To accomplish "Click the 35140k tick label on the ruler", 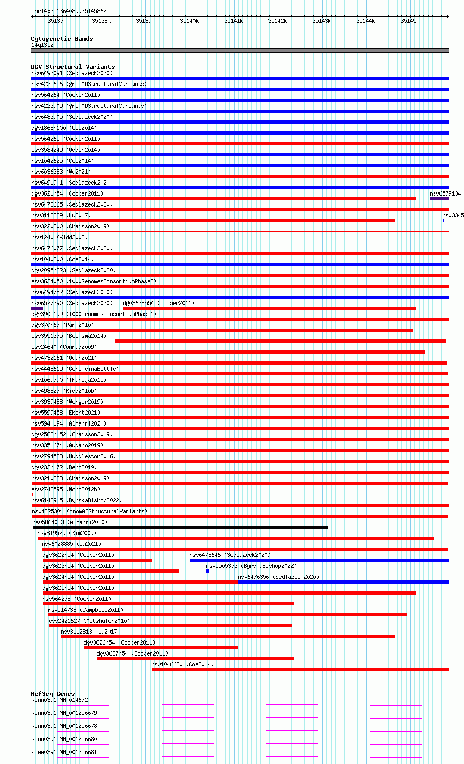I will (189, 21).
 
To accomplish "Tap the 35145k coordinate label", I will (410, 21).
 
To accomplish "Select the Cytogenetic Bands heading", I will (62, 39).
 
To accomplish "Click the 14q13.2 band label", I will (42, 45).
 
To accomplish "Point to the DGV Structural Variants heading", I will (73, 67).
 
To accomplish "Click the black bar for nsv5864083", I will (180, 527).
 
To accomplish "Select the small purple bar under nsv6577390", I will (37, 308).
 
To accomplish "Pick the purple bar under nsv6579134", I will (439, 199).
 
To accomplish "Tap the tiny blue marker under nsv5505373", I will (207, 571).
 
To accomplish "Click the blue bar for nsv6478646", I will (319, 560).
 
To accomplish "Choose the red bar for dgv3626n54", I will (161, 648).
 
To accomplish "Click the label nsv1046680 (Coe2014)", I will (182, 664).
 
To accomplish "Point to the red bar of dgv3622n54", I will (97, 560).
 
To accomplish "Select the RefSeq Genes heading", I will (53, 694).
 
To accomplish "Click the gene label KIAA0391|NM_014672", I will (59, 700).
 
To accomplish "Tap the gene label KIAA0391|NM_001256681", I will (64, 752).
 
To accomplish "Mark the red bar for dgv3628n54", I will (269, 308).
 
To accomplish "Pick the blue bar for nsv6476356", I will (343, 582).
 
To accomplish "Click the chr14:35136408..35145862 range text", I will (69, 11).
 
